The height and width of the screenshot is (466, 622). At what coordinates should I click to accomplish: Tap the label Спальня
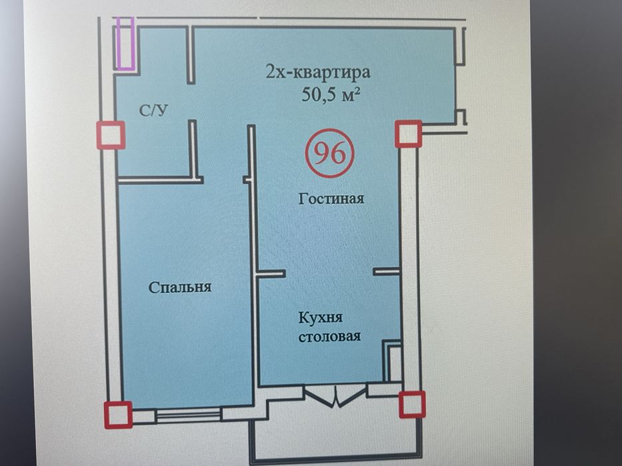coord(179,288)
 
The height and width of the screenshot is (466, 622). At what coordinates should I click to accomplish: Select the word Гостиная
coord(331,198)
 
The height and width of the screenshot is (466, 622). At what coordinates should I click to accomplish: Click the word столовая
coord(330,336)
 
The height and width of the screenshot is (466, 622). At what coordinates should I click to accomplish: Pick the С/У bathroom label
coord(153,111)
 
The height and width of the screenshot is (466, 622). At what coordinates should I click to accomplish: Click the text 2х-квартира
coord(317,72)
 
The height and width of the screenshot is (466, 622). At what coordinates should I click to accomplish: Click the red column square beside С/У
coord(111,135)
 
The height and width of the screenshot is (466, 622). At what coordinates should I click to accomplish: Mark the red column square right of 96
coord(408,134)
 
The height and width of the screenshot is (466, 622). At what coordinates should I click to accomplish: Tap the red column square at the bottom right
coord(412,404)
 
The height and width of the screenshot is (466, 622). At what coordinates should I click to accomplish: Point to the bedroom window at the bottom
coord(188,415)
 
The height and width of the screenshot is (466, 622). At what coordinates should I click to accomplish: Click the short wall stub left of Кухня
coord(271,273)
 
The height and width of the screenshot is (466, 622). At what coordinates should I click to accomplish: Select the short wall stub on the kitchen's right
coord(386,271)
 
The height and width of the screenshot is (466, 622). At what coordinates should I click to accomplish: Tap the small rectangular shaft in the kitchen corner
coord(393,362)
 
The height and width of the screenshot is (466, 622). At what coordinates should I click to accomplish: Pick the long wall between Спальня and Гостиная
coord(253,266)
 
